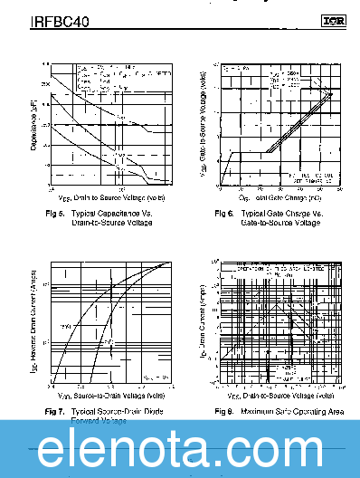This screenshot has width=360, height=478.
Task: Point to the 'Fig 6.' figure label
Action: pos(223,214)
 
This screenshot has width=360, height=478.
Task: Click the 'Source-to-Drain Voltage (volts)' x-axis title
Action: pos(112,396)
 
